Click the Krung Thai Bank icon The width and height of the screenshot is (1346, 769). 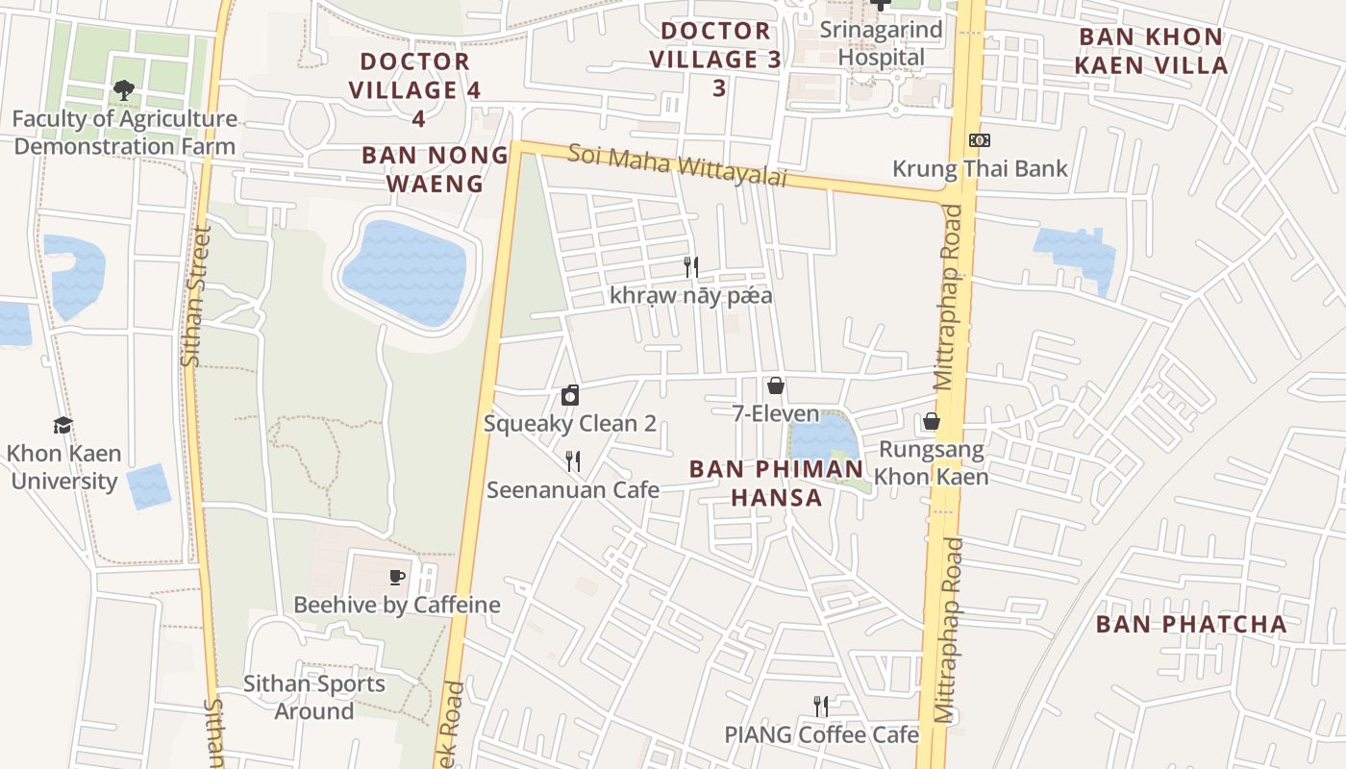coord(980,140)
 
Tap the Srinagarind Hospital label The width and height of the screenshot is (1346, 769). coord(881,43)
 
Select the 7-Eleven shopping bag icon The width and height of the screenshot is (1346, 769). coord(776,386)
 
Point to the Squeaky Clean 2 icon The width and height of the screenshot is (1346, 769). coord(570,395)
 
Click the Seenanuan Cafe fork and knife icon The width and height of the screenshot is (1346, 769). coord(573,461)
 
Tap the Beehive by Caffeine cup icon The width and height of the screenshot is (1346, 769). coord(397,577)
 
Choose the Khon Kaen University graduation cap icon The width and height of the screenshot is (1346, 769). coord(63,425)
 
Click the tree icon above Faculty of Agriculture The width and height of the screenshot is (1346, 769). coord(123,90)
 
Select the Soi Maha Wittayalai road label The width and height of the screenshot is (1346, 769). coord(677,165)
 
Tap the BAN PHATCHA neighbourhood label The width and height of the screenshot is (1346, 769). coord(1191,624)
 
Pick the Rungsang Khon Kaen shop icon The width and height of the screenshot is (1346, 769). coord(931,421)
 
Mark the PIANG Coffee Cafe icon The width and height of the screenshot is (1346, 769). coord(821,707)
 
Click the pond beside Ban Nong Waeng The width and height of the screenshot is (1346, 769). coord(405,272)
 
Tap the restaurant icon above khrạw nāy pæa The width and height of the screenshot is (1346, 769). coord(691,266)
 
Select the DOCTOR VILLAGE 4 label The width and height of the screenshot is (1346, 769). coord(414,76)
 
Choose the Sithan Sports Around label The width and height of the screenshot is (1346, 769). coord(314,698)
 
